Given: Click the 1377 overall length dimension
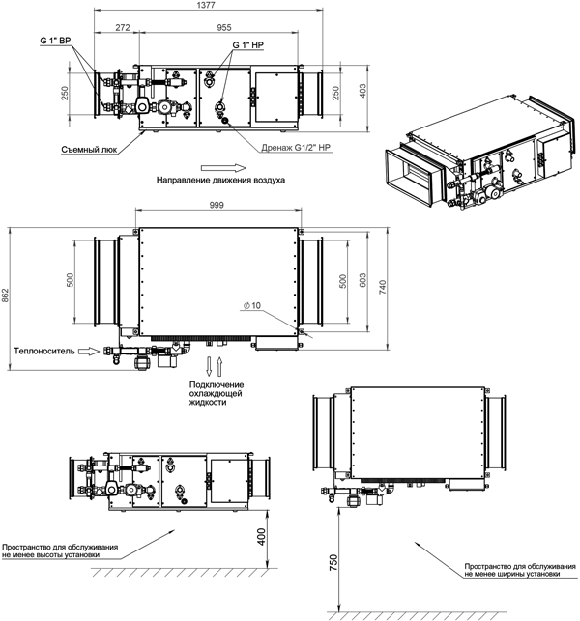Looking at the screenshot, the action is click(x=206, y=5).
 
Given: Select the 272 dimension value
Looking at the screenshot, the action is click(x=123, y=27).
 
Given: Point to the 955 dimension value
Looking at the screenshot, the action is click(x=224, y=27).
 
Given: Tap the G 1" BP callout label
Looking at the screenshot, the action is click(x=55, y=41).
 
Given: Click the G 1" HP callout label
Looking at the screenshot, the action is click(x=247, y=45).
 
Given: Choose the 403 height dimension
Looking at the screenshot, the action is click(x=362, y=91).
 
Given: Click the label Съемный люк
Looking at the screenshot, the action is click(x=89, y=150).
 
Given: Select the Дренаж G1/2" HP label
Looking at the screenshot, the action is click(x=296, y=148).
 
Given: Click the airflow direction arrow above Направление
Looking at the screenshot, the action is click(x=223, y=168).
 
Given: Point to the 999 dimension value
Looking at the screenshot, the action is click(x=217, y=205).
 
